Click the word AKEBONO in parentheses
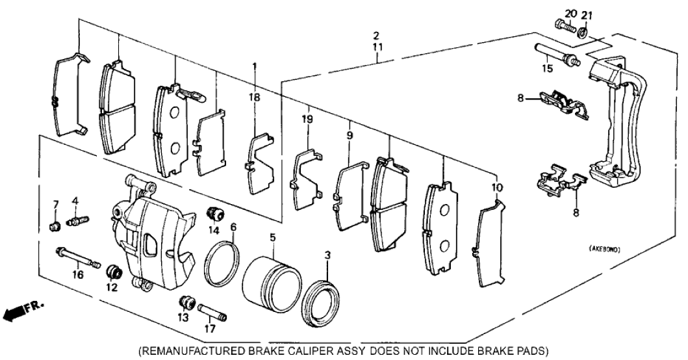coord(610,249)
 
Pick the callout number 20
coord(570,13)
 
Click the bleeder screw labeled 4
coord(78,222)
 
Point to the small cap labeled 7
coord(55,225)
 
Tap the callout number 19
coord(307,119)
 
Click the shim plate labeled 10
coord(489,244)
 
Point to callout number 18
coord(255,97)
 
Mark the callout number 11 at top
coord(376,47)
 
